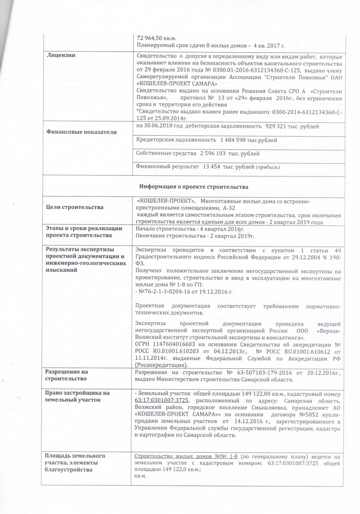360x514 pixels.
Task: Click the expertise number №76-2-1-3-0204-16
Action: point(169,290)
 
